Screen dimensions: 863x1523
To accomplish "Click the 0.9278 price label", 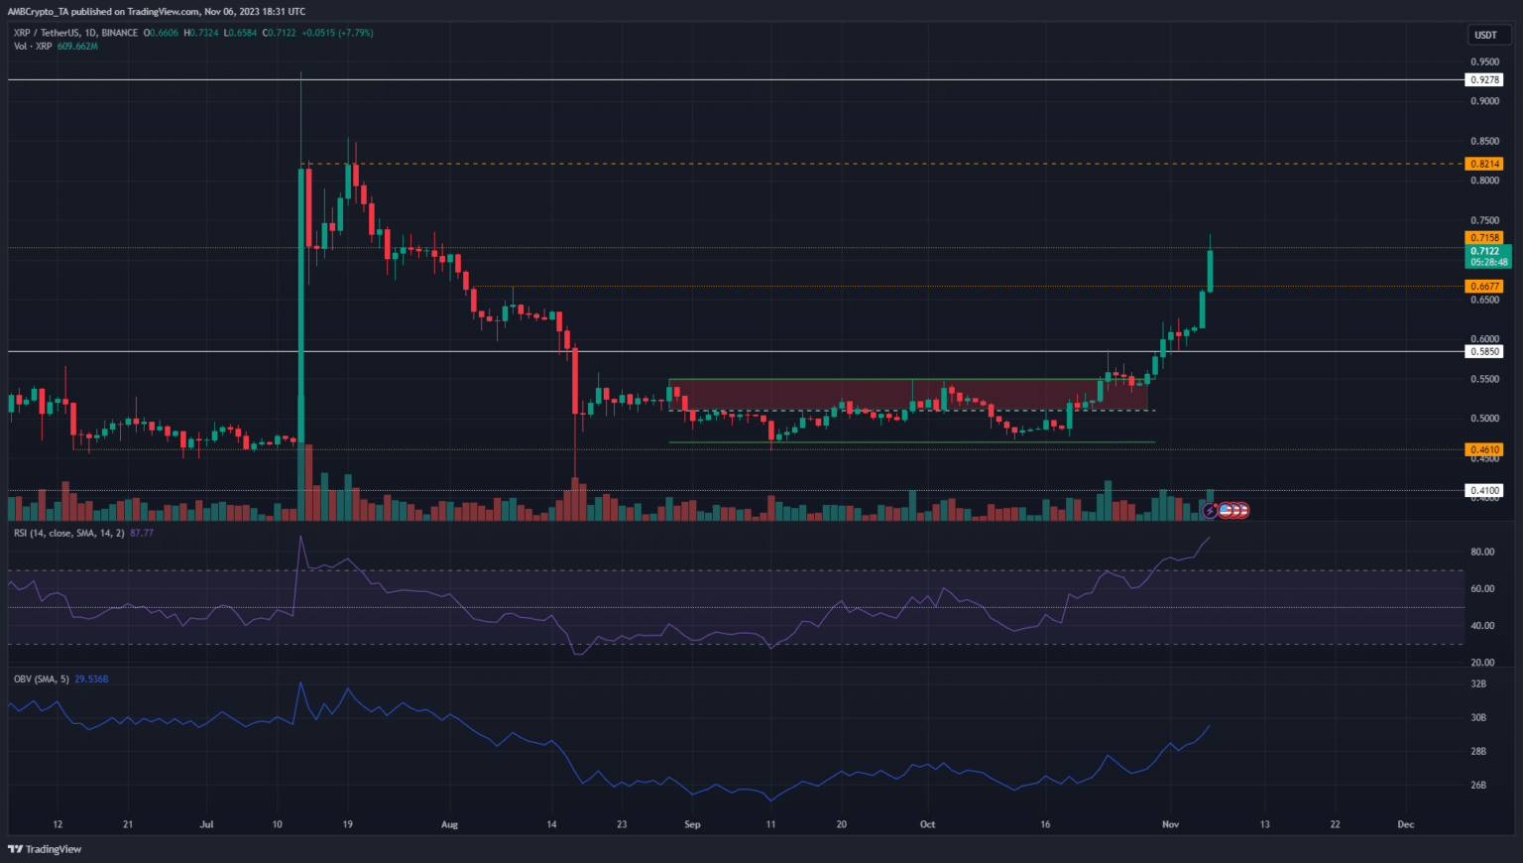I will coord(1484,79).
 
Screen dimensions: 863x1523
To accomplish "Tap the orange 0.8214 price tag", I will coord(1484,164).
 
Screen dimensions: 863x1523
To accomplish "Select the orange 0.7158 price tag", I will coord(1484,238).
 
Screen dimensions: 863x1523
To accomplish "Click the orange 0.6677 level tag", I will coord(1484,287).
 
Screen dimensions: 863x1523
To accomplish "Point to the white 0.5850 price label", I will coord(1484,351).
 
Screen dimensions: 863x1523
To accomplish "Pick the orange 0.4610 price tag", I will coord(1484,449).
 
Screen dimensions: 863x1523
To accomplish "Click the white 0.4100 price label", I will coord(1484,490).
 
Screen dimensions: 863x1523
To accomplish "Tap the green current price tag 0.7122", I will coord(1484,252).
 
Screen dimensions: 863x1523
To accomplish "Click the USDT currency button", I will coord(1485,35).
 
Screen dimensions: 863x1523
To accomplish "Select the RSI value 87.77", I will coord(142,533).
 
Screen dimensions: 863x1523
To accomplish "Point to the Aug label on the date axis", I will coord(449,824).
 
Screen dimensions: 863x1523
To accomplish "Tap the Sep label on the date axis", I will coord(692,824).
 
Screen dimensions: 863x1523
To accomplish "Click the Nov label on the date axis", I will coord(1170,824).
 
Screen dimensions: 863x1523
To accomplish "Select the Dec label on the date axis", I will coord(1405,824).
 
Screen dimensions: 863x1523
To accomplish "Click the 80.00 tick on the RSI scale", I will coord(1482,553).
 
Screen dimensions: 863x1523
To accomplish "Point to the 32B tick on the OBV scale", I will coord(1478,684).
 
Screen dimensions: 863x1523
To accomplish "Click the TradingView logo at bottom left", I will coord(45,849).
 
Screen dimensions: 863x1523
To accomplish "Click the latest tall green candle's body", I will coord(1210,270).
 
